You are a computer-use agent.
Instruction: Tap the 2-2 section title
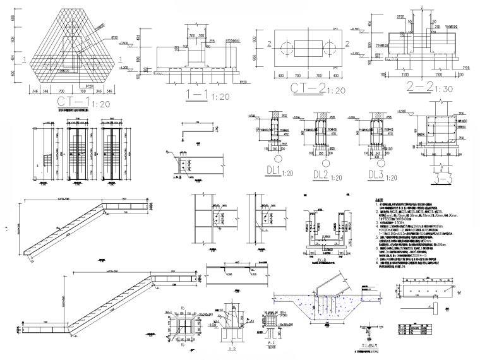(407, 86)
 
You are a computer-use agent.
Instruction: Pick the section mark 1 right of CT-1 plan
(122, 60)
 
